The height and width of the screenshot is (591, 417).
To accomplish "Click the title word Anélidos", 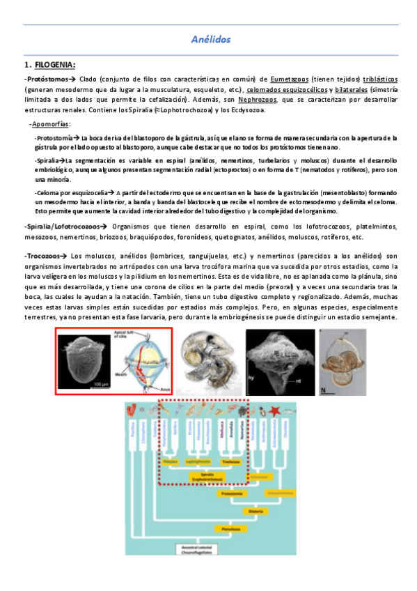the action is click(x=210, y=40).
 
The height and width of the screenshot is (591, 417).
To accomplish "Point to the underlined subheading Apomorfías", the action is click(x=50, y=123).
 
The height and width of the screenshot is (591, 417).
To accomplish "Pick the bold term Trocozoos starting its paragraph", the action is click(x=45, y=256).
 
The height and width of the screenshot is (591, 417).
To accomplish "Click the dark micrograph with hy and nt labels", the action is click(x=276, y=361).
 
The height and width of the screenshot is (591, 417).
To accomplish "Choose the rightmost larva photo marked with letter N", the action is click(x=342, y=361).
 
